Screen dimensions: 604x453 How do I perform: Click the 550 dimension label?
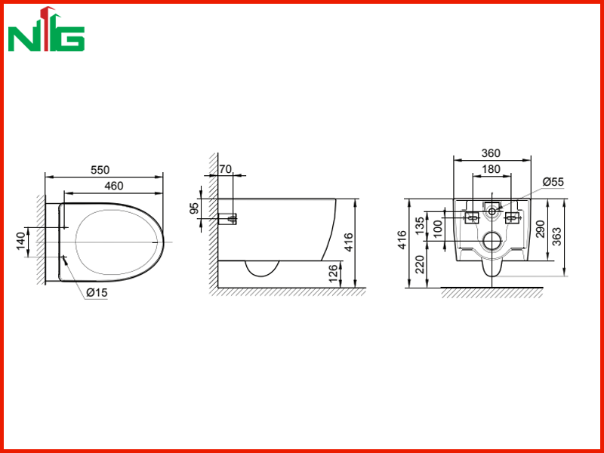(x=100, y=170)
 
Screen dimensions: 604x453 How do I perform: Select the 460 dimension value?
(x=114, y=186)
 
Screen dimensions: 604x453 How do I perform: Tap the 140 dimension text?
(x=21, y=241)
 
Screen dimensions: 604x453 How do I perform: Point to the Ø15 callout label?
(x=97, y=293)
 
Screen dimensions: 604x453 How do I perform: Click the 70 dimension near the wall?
(x=225, y=169)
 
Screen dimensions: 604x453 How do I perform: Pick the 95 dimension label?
(x=196, y=208)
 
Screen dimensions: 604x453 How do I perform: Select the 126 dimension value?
(x=334, y=273)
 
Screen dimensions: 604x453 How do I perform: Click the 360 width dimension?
(x=491, y=153)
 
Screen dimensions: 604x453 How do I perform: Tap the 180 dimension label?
(x=491, y=169)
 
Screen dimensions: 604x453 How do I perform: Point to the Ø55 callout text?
(x=553, y=182)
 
